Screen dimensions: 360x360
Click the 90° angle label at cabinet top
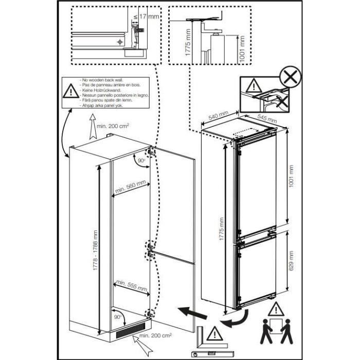141,161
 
